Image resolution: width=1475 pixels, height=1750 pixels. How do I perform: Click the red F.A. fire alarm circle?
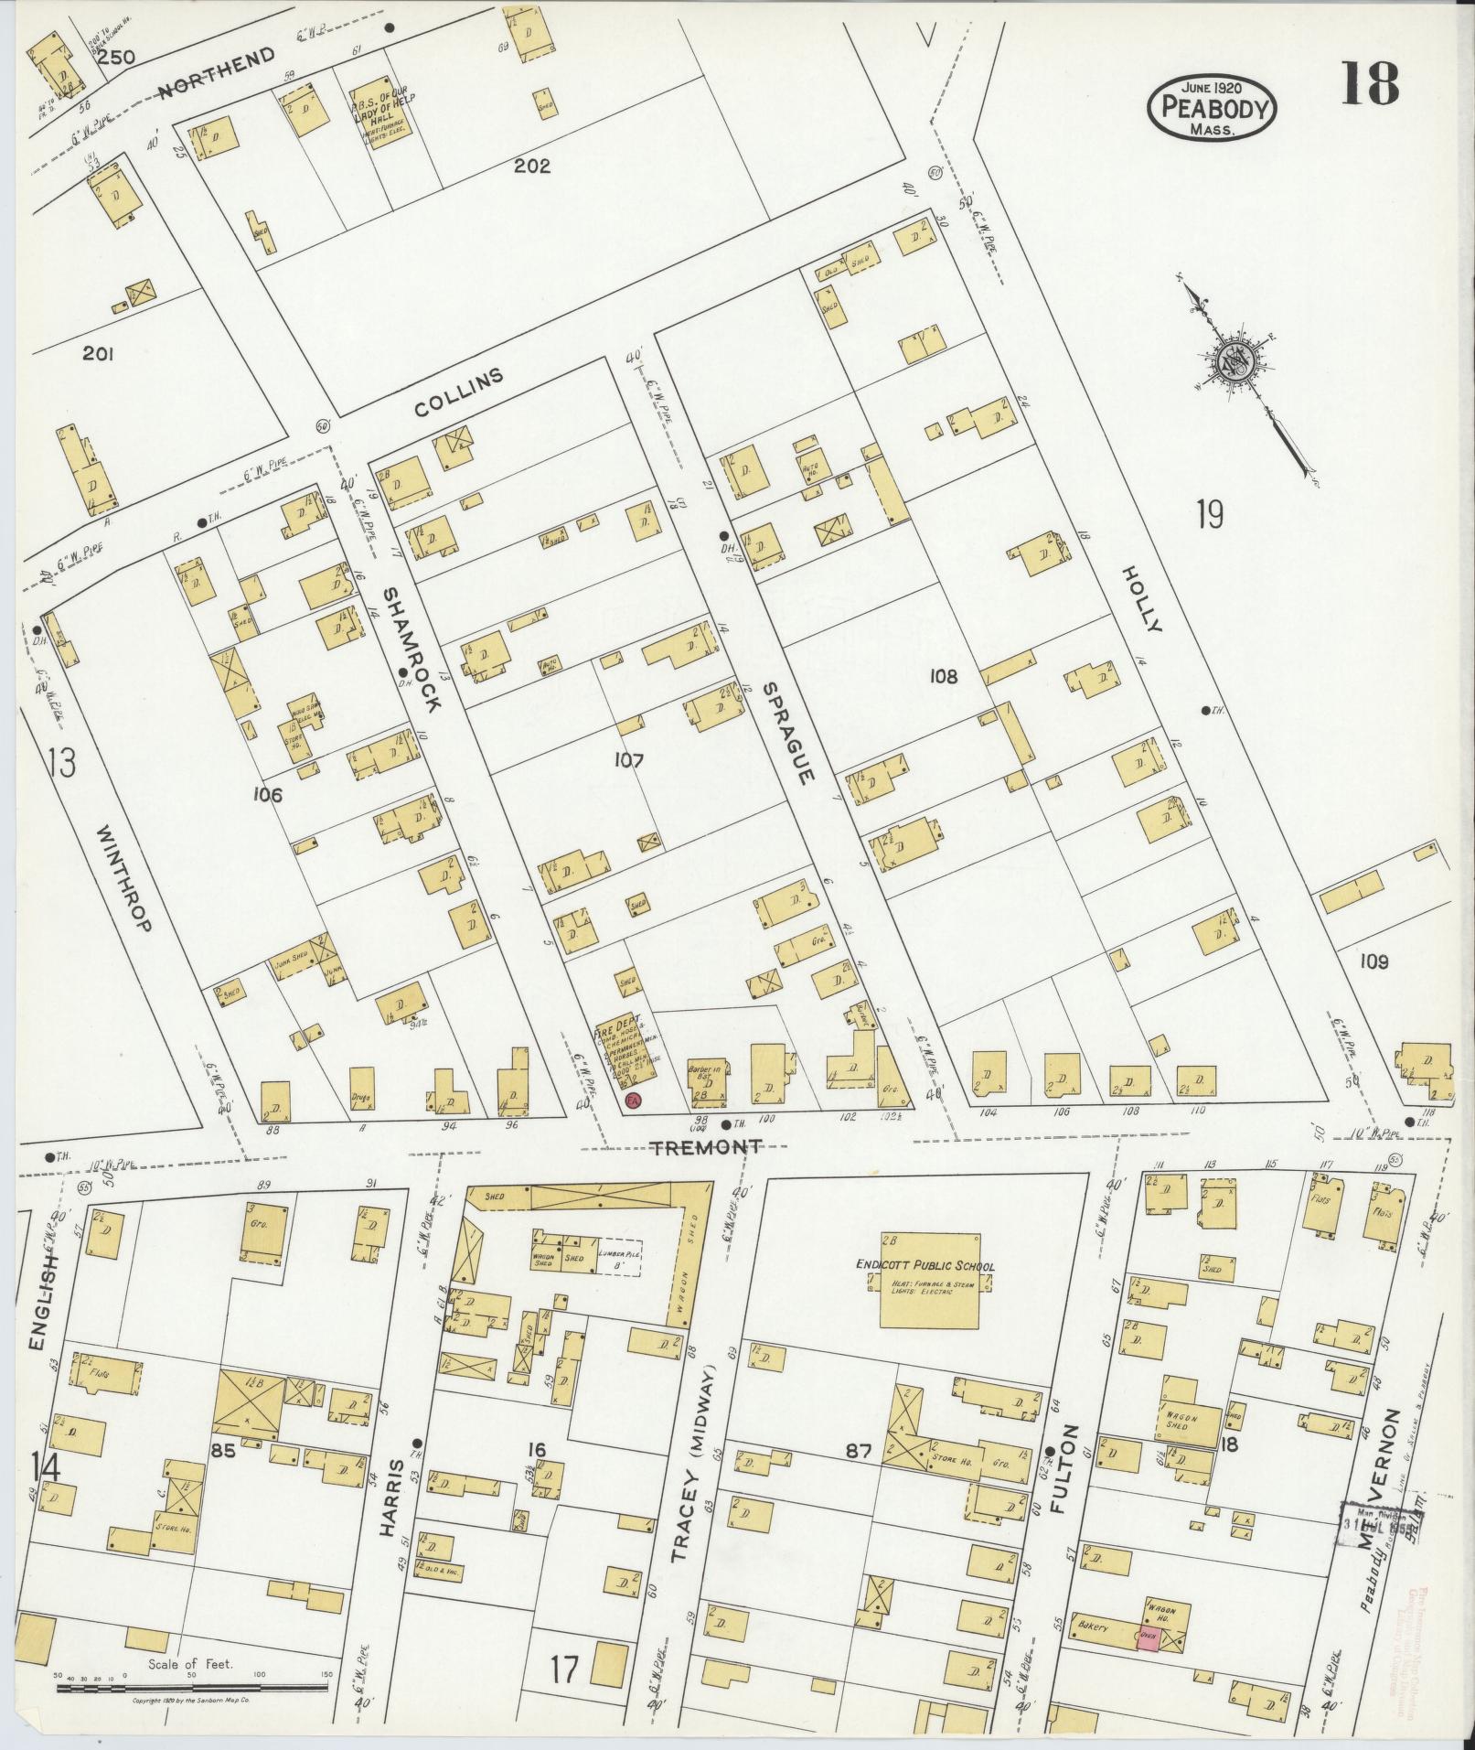tap(632, 1100)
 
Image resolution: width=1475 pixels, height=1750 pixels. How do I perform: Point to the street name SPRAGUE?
tap(786, 732)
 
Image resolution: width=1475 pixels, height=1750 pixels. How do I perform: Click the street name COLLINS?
tap(459, 393)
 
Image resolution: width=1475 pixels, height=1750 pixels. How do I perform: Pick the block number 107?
tap(629, 759)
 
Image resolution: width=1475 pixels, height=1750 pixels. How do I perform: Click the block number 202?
tap(531, 166)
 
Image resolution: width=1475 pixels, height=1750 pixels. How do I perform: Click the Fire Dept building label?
tap(620, 1042)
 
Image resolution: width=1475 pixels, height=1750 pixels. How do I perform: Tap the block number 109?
tap(1373, 961)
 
